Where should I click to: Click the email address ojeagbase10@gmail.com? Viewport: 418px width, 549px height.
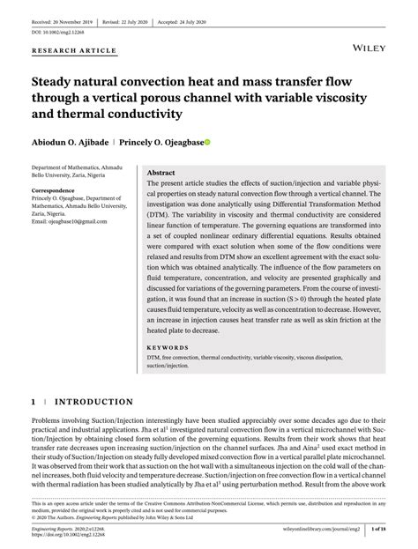coord(67,223)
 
